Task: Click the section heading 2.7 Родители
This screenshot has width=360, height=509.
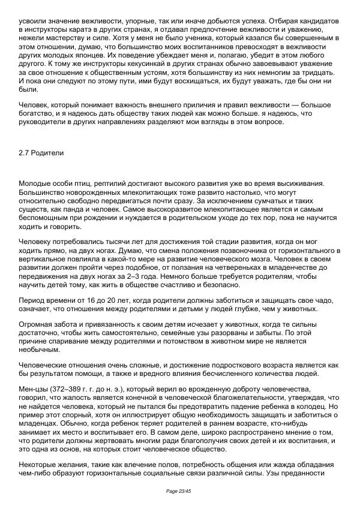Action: [41, 153]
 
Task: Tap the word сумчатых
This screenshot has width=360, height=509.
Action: [284, 203]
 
